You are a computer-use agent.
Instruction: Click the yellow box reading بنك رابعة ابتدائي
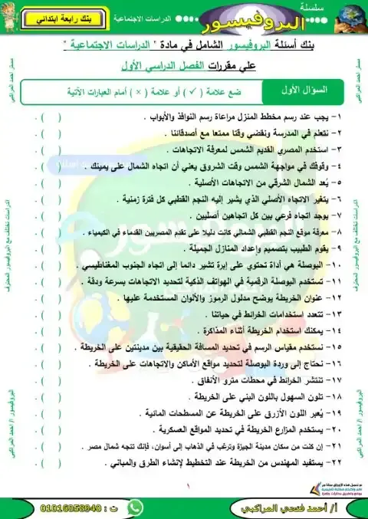tap(57, 17)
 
